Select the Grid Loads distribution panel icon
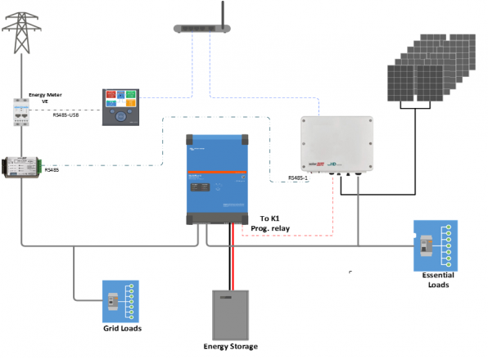120,301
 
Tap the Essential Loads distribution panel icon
435,245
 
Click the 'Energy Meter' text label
46,95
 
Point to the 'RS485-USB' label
68,115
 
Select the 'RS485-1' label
300,178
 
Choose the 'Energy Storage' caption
230,346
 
